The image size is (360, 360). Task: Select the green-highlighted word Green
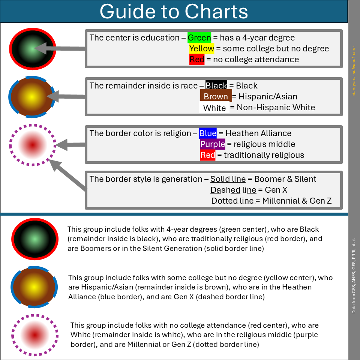(199, 38)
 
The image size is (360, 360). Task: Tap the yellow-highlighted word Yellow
(202, 49)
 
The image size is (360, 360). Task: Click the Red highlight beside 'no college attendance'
(197, 60)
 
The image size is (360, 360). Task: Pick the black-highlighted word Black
(216, 86)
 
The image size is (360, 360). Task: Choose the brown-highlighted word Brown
(216, 97)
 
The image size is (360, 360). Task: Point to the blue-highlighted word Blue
(208, 133)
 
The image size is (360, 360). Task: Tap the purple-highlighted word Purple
(213, 144)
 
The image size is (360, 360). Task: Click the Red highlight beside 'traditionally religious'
(208, 155)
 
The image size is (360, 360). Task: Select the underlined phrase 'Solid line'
(228, 179)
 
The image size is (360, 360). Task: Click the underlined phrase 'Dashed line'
(233, 190)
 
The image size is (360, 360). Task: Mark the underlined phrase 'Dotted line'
(232, 201)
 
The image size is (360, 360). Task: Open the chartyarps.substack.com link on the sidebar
(354, 71)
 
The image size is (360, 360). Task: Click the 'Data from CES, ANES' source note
(354, 276)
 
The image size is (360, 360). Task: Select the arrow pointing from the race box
(67, 96)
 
